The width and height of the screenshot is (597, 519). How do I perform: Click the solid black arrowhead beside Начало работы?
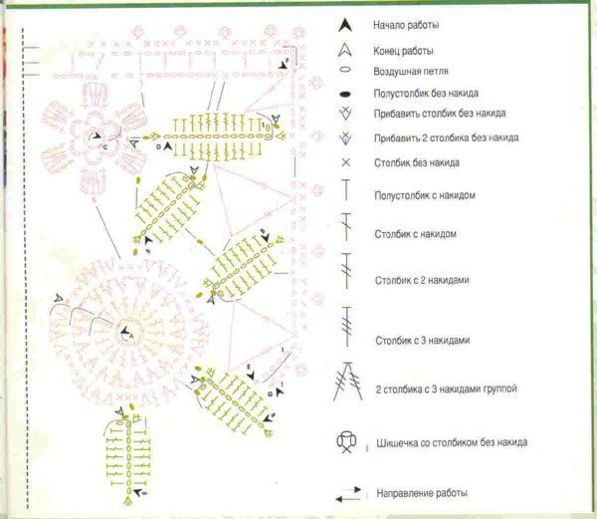pyautogui.click(x=345, y=25)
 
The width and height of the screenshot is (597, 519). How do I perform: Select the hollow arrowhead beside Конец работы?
pyautogui.click(x=345, y=50)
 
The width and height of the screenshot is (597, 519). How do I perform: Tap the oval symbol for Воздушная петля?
pyautogui.click(x=345, y=70)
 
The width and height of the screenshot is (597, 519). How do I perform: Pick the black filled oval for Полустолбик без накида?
pyautogui.click(x=345, y=94)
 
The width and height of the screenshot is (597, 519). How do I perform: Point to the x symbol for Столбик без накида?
pyautogui.click(x=345, y=162)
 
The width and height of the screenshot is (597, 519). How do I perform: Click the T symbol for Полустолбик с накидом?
pyautogui.click(x=345, y=189)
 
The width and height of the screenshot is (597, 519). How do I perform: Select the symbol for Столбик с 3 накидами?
pyautogui.click(x=347, y=326)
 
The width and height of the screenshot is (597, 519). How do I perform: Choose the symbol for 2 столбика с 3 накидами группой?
pyautogui.click(x=348, y=382)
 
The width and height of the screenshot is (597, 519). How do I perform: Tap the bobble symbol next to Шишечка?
pyautogui.click(x=346, y=442)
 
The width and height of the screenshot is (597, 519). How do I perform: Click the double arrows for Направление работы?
pyautogui.click(x=348, y=494)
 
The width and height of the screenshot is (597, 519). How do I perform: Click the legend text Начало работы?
pyautogui.click(x=406, y=25)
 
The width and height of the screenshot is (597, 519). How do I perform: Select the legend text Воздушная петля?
pyautogui.click(x=411, y=72)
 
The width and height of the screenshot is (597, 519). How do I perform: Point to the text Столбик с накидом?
pyautogui.click(x=415, y=233)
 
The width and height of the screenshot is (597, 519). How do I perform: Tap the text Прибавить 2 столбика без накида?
pyautogui.click(x=446, y=137)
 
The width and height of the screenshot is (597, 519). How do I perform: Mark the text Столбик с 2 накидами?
pyautogui.click(x=422, y=280)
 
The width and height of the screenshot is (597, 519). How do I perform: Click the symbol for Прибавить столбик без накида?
pyautogui.click(x=345, y=114)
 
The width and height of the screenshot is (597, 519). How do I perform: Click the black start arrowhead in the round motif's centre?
pyautogui.click(x=124, y=331)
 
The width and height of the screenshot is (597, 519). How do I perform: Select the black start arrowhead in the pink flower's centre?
pyautogui.click(x=97, y=135)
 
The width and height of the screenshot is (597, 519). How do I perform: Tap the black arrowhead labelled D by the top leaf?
pyautogui.click(x=168, y=146)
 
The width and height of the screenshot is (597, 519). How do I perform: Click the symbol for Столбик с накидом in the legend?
pyautogui.click(x=346, y=227)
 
